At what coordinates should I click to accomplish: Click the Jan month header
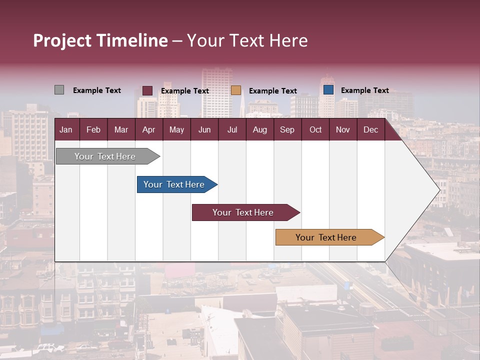click(x=66, y=130)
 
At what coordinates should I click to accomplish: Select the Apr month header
click(x=148, y=130)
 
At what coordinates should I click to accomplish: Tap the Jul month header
click(x=232, y=130)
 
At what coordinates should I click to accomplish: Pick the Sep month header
click(x=287, y=130)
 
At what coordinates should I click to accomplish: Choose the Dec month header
click(x=370, y=130)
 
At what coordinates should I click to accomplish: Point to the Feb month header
click(x=93, y=130)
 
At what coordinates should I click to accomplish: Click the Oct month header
click(x=315, y=130)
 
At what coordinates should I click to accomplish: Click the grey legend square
click(x=59, y=90)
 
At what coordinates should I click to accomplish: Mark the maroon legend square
click(x=147, y=90)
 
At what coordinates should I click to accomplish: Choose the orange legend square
click(x=236, y=90)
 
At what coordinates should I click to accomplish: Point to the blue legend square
click(x=328, y=90)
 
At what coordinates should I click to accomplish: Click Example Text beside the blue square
click(x=365, y=90)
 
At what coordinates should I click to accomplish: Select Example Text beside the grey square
click(x=97, y=90)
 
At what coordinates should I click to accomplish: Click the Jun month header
click(x=204, y=130)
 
